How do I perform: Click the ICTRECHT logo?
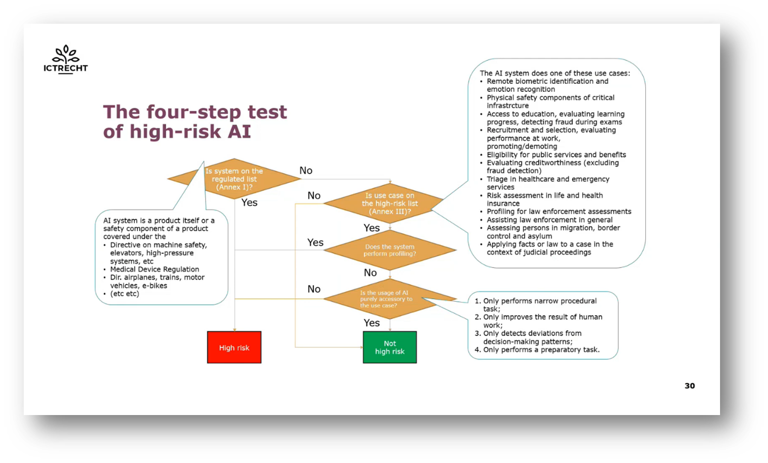(66, 60)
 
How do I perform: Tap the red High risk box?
(234, 347)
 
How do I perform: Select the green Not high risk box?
(390, 347)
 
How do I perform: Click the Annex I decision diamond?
(234, 179)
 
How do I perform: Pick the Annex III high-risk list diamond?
(390, 203)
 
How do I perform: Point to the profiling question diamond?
(390, 250)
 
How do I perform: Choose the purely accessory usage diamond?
(390, 299)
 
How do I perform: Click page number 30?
(689, 386)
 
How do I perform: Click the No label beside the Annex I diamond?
(306, 171)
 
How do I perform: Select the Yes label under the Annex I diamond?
(249, 202)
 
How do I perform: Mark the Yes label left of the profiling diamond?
(316, 242)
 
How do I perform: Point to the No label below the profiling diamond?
(370, 273)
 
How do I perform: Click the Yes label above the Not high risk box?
(372, 323)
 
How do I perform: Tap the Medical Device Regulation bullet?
(155, 269)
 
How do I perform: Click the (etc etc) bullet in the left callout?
(125, 293)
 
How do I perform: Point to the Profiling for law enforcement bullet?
(559, 212)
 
